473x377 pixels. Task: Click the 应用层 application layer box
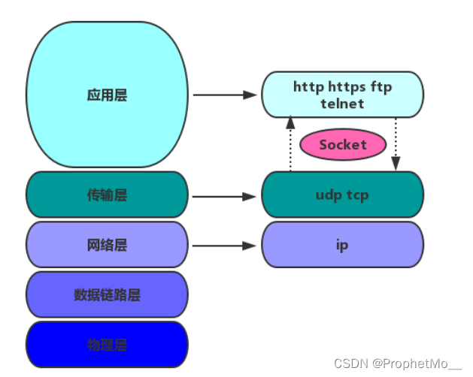107,95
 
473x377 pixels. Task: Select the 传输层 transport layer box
107,195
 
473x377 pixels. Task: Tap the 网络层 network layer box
107,246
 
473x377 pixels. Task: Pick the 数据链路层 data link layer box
107,295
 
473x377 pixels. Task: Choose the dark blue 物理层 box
107,345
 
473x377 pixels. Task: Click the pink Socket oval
343,145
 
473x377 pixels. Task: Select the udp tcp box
342,195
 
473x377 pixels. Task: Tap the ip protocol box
342,246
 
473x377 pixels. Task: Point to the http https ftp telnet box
342,95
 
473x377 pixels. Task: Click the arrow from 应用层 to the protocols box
225,95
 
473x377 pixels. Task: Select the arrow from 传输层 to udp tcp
225,197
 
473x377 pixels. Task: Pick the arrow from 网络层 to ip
225,246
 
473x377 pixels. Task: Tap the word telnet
342,104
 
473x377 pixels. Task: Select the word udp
328,195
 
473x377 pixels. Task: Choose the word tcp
358,195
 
